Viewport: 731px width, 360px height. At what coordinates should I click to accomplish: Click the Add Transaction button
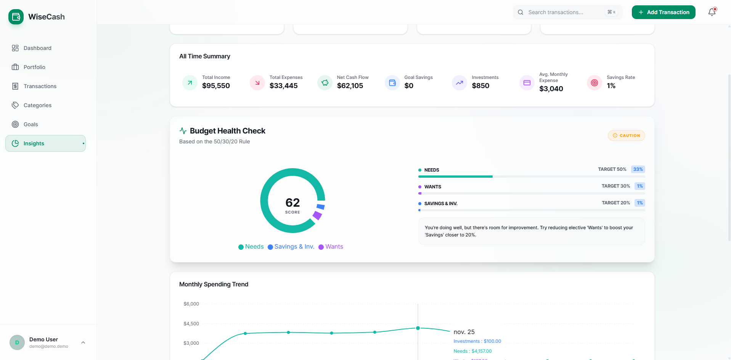(x=663, y=12)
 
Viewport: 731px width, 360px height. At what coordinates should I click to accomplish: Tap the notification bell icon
(x=712, y=12)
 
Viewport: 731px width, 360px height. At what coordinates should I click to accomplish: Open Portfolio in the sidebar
(x=34, y=67)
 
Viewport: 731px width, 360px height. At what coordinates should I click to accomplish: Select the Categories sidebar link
(x=37, y=105)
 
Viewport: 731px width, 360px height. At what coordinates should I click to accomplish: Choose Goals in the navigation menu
(x=31, y=124)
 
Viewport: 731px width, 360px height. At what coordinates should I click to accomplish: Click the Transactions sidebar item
(x=40, y=86)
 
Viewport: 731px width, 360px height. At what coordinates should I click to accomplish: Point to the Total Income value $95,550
(x=216, y=86)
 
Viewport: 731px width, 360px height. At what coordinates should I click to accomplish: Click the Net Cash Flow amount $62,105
(x=350, y=86)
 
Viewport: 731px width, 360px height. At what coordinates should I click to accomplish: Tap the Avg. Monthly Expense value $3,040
(x=551, y=89)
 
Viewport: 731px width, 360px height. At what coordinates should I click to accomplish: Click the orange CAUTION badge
(x=626, y=136)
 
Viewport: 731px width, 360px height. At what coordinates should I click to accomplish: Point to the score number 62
(x=292, y=202)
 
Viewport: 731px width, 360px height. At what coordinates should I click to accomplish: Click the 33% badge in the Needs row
(x=638, y=169)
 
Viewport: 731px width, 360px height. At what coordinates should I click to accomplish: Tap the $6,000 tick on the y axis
(x=191, y=304)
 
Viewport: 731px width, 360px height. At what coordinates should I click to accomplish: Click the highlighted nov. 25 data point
(x=418, y=328)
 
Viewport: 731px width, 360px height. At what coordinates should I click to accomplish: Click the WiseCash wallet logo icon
(x=16, y=17)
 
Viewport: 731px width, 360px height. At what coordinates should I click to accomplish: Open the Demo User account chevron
(x=83, y=342)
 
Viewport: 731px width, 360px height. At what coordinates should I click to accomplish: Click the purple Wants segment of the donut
(x=317, y=215)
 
